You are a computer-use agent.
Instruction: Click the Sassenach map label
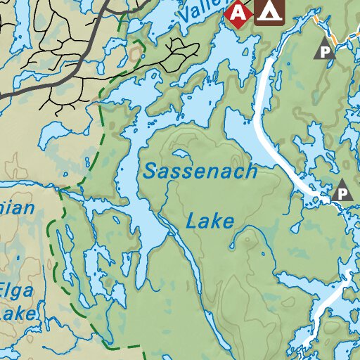coord(200,171)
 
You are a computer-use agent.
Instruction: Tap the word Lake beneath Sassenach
coord(210,222)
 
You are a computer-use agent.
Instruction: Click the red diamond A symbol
coord(239,12)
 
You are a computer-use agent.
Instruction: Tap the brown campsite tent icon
coord(269,11)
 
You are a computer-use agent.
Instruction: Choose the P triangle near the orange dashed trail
coord(324,51)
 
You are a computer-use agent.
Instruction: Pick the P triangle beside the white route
coord(342,191)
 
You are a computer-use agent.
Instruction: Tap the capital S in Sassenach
coord(150,171)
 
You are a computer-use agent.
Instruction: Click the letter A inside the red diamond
coord(239,12)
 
